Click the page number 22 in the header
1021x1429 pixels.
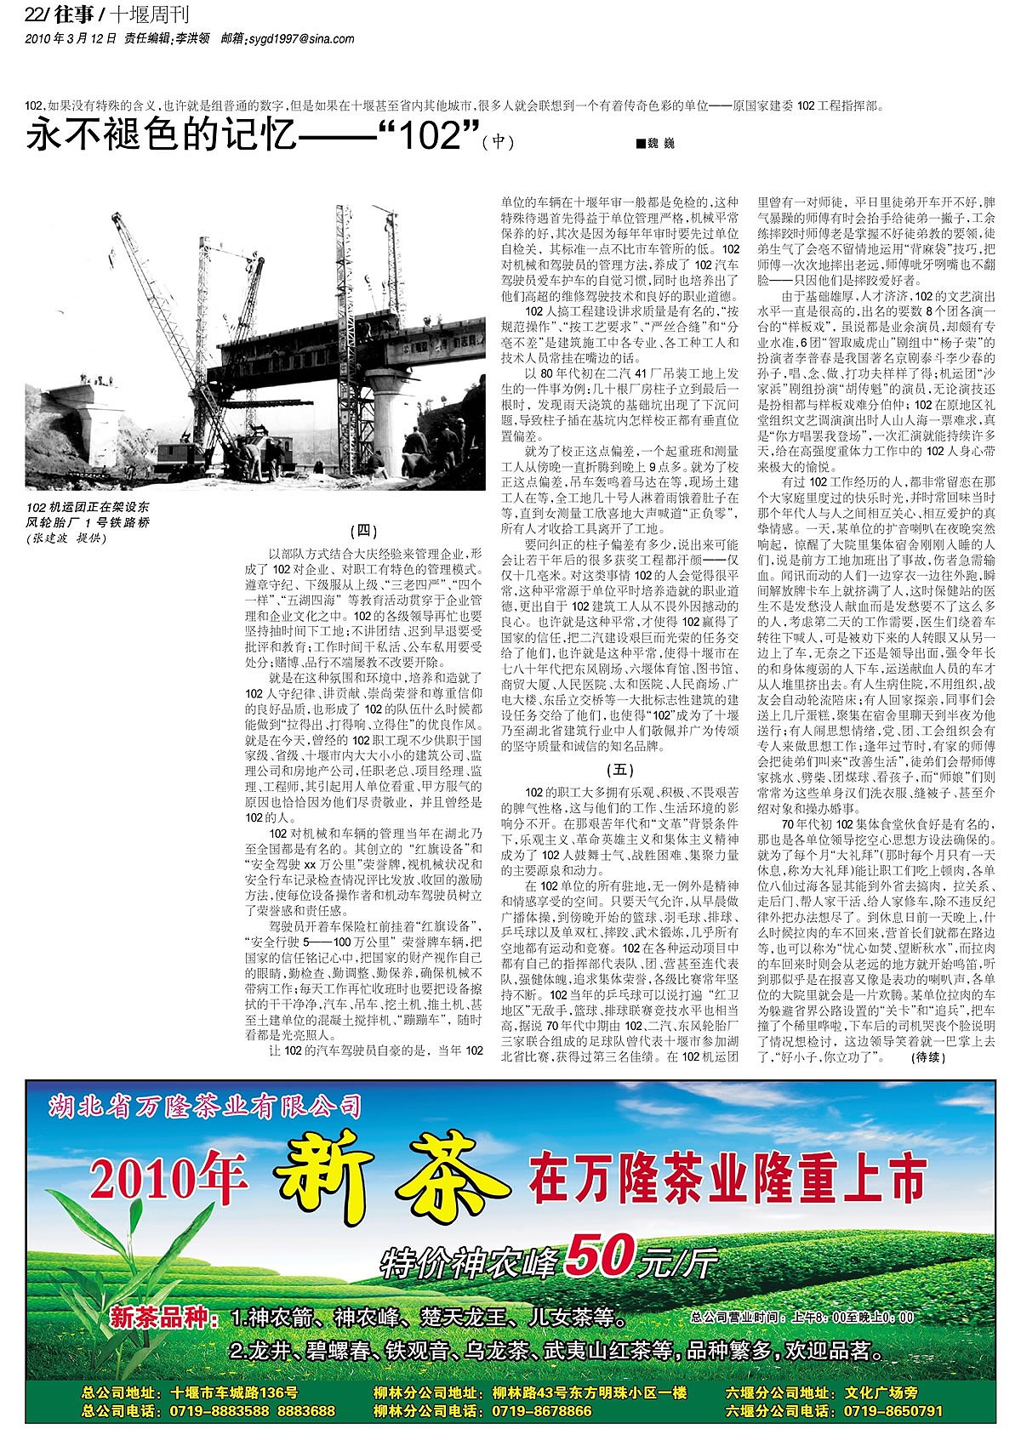tap(35, 14)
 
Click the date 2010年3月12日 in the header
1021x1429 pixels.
tap(71, 38)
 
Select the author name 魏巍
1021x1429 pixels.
tap(659, 145)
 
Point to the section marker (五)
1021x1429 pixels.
tap(619, 771)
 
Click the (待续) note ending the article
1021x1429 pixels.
tap(927, 1057)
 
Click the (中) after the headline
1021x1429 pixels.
tap(498, 142)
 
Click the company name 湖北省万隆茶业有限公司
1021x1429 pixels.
tap(205, 1107)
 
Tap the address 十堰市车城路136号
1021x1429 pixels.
tap(234, 1392)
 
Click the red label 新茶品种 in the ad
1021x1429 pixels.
tap(159, 1319)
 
